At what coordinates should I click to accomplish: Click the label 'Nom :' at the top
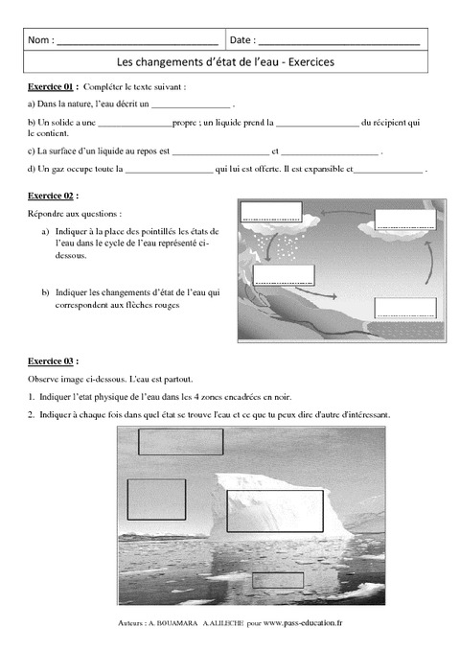[x=41, y=40]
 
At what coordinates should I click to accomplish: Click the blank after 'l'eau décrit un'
[x=191, y=104]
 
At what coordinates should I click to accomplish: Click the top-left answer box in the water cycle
[x=271, y=212]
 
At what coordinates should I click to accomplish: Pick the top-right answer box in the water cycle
[x=403, y=220]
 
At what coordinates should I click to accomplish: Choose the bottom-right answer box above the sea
[x=406, y=308]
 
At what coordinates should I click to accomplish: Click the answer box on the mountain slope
[x=283, y=275]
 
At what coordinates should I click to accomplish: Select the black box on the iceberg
[x=267, y=511]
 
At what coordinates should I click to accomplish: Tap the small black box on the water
[x=277, y=580]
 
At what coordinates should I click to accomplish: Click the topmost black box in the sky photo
[x=180, y=442]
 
